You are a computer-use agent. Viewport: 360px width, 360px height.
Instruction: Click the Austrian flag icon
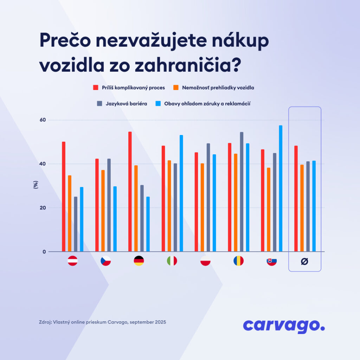coord(72,261)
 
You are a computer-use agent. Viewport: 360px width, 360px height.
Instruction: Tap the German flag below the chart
coord(139,261)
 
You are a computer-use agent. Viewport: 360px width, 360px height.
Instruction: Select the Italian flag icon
coord(172,261)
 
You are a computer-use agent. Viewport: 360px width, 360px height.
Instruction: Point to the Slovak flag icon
coord(272,261)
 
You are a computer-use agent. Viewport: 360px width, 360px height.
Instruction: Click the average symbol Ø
coord(304,261)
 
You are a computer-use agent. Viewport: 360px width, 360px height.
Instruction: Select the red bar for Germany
coord(130,192)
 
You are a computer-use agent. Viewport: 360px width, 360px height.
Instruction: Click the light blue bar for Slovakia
coord(281,188)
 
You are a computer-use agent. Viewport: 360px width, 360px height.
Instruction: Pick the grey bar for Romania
coord(242,192)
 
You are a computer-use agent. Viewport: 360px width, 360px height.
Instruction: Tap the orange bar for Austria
coord(70,213)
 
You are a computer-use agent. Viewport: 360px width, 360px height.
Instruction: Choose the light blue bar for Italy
coord(181,193)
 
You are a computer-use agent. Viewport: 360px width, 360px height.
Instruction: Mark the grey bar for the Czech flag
coord(109,205)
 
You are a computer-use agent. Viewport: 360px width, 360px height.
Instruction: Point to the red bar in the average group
coord(296,199)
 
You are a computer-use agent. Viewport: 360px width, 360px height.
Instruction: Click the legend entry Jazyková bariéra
coord(122,104)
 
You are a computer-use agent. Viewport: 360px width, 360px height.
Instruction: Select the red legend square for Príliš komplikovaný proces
coord(96,88)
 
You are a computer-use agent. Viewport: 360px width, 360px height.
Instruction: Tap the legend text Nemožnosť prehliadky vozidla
coord(218,88)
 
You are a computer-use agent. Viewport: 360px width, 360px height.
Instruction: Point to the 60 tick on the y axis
coord(43,120)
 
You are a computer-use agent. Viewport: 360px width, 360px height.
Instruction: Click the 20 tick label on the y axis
coord(43,208)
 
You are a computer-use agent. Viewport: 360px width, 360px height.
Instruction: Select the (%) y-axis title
coord(36,185)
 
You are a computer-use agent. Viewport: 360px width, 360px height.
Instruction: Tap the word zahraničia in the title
coord(188,65)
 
